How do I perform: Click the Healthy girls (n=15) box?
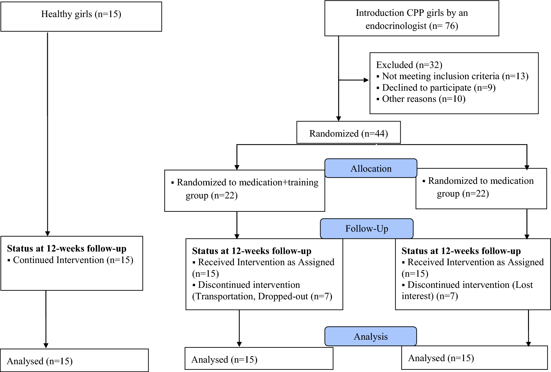point(81,16)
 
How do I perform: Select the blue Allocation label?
point(371,168)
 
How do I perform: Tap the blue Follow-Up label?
point(367,229)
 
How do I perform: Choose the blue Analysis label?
point(371,336)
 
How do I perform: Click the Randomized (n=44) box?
point(348,133)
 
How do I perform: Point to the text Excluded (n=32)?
point(409,65)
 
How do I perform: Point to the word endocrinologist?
point(396,26)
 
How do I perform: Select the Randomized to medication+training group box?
point(244,190)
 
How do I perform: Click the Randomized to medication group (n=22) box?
point(481,188)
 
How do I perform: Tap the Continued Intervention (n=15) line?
point(73,260)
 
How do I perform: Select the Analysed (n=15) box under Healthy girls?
point(74,360)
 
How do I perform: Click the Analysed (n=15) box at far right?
point(474,358)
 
